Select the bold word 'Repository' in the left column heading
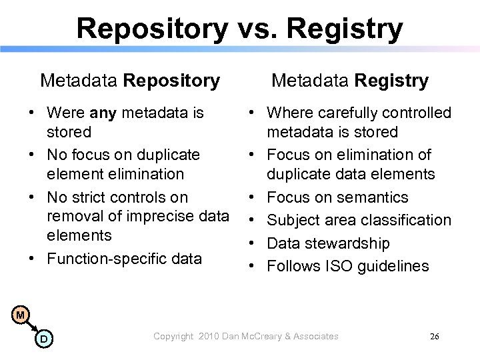[x=171, y=81]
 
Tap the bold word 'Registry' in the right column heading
[x=392, y=81]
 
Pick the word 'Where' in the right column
[x=287, y=113]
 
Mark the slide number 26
[x=434, y=337]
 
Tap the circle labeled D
[x=43, y=340]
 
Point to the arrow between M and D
[x=31, y=327]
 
